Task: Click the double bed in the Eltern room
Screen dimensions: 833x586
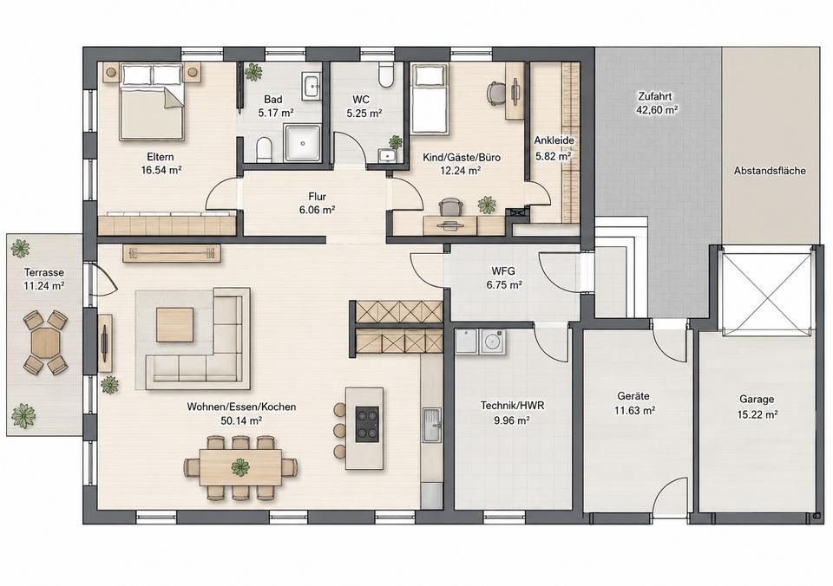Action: [153, 101]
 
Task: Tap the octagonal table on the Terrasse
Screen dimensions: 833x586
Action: [45, 343]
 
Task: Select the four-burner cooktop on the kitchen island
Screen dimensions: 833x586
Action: [367, 424]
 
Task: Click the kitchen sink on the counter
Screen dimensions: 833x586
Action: [431, 425]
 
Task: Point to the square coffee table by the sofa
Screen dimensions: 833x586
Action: [174, 325]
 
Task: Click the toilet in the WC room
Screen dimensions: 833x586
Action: [385, 74]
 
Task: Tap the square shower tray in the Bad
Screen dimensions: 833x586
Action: [302, 143]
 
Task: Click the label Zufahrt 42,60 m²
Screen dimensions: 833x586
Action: [658, 103]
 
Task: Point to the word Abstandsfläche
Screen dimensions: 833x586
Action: [770, 171]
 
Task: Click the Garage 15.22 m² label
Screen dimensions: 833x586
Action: [757, 407]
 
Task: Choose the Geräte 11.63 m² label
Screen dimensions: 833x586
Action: [633, 403]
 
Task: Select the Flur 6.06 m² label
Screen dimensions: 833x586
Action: [317, 204]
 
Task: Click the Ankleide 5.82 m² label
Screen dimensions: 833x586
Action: [553, 148]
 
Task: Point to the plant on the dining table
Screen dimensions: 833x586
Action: [240, 467]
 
